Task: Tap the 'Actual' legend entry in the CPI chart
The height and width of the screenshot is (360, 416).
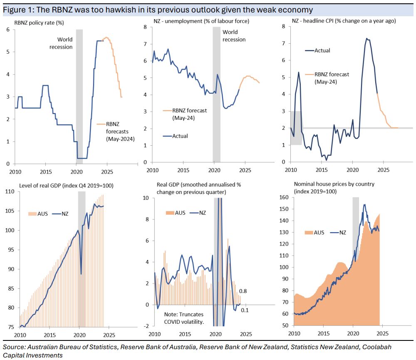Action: [x=322, y=50]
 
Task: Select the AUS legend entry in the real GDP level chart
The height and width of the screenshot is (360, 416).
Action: [x=42, y=214]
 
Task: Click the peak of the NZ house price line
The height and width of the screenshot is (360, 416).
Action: [x=364, y=205]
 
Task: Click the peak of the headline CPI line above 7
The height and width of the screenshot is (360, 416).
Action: [x=366, y=39]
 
